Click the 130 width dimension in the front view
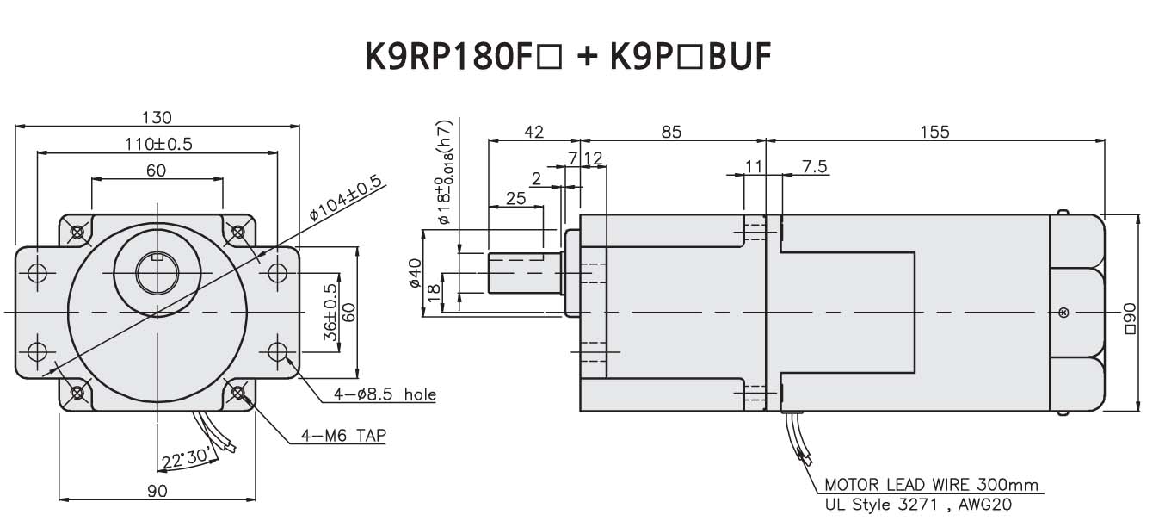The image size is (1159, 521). click(157, 117)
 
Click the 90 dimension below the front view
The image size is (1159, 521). click(157, 491)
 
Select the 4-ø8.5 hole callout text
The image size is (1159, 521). click(385, 395)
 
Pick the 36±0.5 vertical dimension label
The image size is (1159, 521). click(330, 313)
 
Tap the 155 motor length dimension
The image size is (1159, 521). click(934, 132)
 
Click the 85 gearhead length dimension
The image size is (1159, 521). click(671, 132)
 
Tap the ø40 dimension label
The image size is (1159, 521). click(415, 274)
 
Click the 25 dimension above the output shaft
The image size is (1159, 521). click(515, 198)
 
